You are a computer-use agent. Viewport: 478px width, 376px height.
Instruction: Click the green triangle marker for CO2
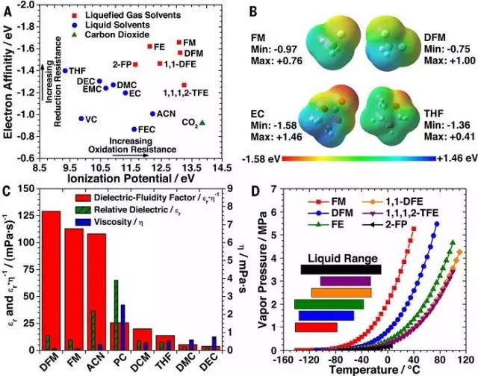[x=203, y=122]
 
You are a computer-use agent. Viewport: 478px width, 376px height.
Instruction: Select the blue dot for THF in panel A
[x=65, y=71]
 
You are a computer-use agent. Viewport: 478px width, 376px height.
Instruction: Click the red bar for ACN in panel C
[x=96, y=292]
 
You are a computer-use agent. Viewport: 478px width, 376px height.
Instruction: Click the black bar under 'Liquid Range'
[x=341, y=269]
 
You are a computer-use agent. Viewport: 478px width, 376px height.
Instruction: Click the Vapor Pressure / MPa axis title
[x=261, y=272]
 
